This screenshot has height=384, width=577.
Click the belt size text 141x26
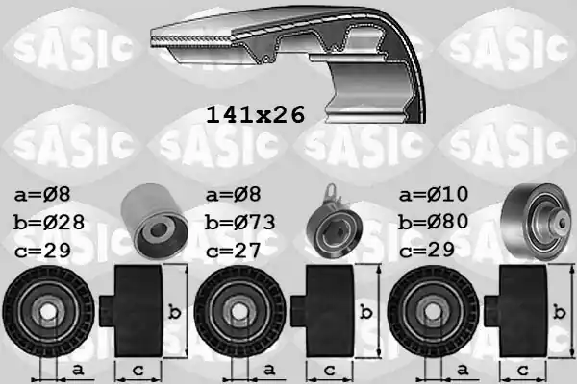(255, 115)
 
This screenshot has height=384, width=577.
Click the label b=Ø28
(50, 223)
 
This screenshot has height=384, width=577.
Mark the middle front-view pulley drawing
(239, 311)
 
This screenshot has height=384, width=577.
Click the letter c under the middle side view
(331, 369)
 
